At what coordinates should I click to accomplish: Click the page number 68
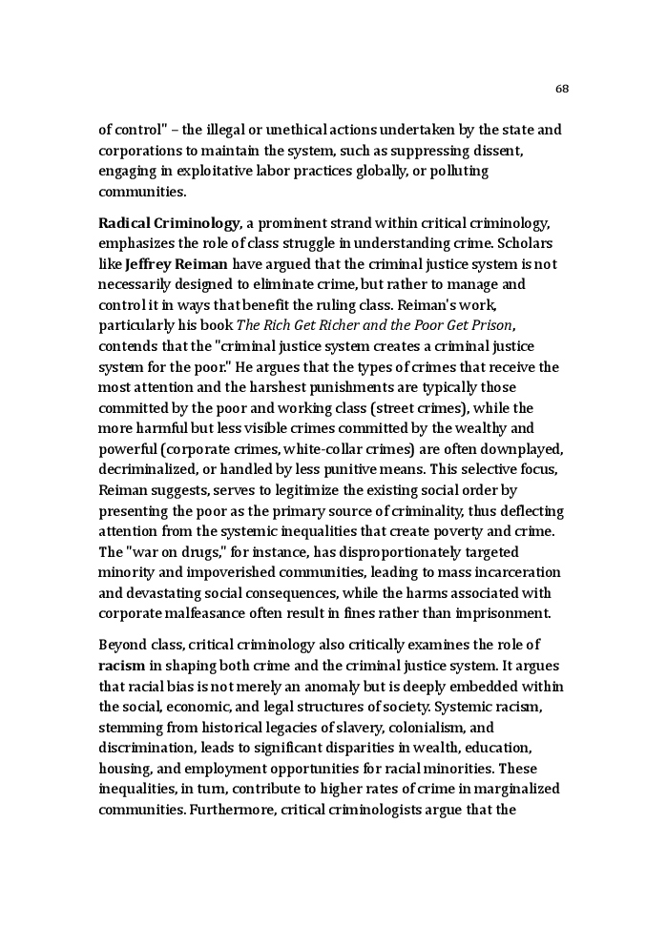pos(561,89)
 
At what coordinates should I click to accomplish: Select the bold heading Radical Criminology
pos(169,223)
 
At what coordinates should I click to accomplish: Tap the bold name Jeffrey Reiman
pos(177,264)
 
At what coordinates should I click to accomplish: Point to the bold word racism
pos(121,666)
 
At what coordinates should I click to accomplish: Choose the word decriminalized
pos(150,470)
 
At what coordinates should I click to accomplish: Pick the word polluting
pos(461,171)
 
